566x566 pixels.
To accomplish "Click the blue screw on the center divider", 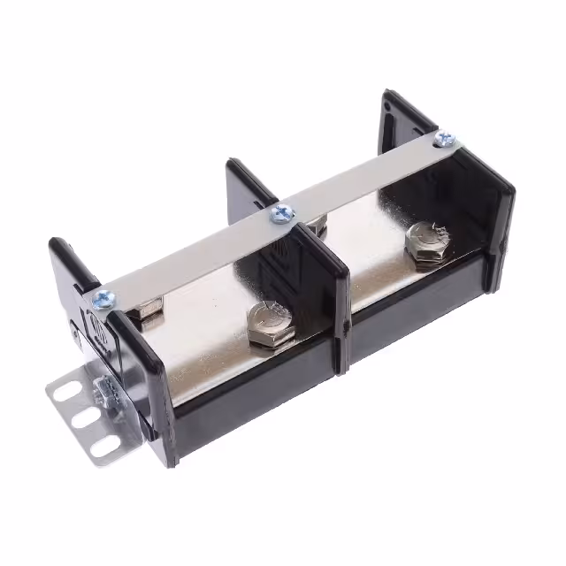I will click(x=282, y=213).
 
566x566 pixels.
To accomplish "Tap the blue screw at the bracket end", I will click(x=103, y=300).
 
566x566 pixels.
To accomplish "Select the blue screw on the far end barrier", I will click(x=445, y=138).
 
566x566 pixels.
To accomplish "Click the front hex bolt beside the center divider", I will click(x=265, y=322).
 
